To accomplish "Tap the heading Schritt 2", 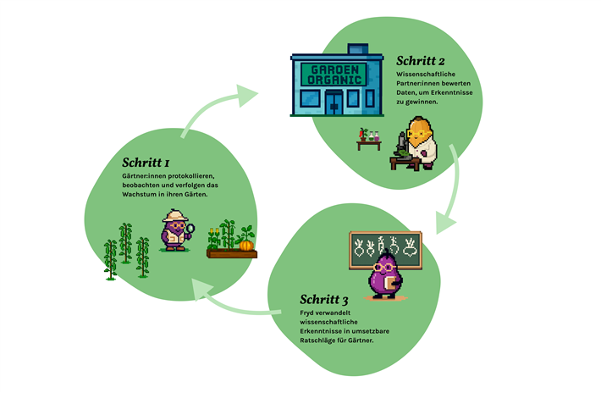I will tap(421, 61).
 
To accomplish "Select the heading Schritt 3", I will tap(324, 299).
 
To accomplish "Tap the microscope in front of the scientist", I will tap(400, 149).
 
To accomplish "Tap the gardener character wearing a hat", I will tap(176, 230).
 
